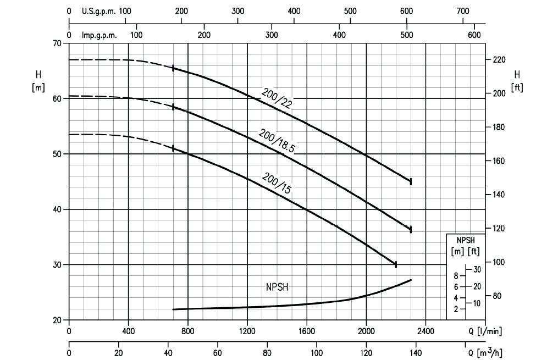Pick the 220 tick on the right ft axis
(499, 59)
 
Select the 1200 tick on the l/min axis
(247, 331)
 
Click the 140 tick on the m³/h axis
(416, 352)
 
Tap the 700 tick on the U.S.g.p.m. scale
(463, 11)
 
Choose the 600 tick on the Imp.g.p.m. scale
(474, 35)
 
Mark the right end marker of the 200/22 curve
(411, 181)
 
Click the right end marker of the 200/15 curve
(396, 264)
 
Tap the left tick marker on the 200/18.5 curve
(173, 107)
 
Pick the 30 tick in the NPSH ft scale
(477, 269)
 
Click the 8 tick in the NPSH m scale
(456, 276)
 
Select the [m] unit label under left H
(38, 87)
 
